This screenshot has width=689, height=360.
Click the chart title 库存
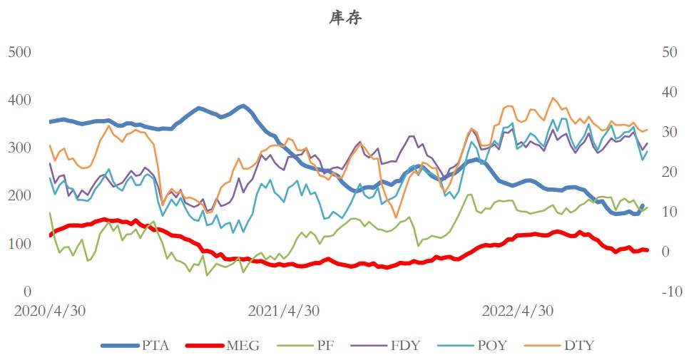tap(345, 19)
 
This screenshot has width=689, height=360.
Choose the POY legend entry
tap(491, 346)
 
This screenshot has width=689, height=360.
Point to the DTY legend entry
tap(578, 346)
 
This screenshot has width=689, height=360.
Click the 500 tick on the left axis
tap(20, 52)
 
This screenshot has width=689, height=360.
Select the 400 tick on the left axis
tap(20, 100)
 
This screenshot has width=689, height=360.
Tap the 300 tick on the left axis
tap(20, 148)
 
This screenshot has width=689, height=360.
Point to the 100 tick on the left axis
tap(20, 244)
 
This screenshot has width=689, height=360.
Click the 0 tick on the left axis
tap(28, 292)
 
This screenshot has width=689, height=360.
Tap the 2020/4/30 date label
tap(50, 312)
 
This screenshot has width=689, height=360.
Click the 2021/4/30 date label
tap(283, 312)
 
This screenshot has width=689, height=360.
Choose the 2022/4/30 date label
tap(517, 312)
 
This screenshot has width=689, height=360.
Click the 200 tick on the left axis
tap(20, 195)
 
